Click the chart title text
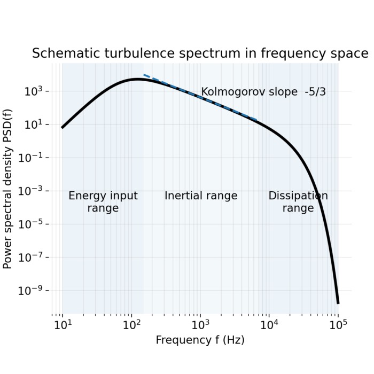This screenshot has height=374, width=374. pyautogui.click(x=200, y=53)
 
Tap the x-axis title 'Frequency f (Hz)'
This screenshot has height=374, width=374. pyautogui.click(x=200, y=340)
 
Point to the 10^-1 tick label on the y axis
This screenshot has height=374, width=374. pyautogui.click(x=36, y=158)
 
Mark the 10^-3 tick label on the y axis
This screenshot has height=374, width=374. pyautogui.click(x=36, y=191)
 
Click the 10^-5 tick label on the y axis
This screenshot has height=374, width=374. pyautogui.click(x=36, y=224)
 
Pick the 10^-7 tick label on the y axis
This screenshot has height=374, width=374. pyautogui.click(x=36, y=258)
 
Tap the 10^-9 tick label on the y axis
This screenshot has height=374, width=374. pyautogui.click(x=36, y=291)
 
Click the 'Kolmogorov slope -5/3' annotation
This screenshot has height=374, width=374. pyautogui.click(x=263, y=92)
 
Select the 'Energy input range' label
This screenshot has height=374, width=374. pyautogui.click(x=103, y=202)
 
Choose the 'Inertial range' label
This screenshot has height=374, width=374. pyautogui.click(x=200, y=196)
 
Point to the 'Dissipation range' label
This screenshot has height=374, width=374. pyautogui.click(x=298, y=202)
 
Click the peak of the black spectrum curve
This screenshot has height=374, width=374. pyautogui.click(x=137, y=79)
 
